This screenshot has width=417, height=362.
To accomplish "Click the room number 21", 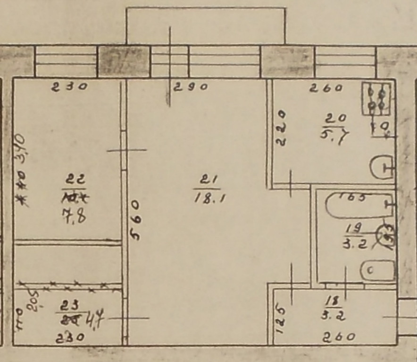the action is coord(206,180).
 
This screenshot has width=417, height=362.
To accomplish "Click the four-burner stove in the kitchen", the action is coord(376,98).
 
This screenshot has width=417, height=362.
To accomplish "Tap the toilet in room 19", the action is coord(377,271).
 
